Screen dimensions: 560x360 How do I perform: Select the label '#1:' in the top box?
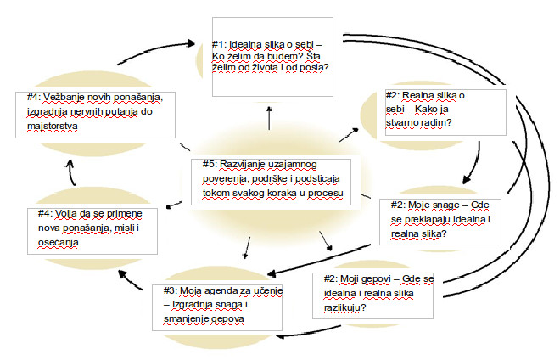(219, 44)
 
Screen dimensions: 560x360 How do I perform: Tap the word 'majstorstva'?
(52, 127)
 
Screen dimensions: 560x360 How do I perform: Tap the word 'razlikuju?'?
(345, 308)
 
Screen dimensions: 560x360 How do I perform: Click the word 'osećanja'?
(59, 242)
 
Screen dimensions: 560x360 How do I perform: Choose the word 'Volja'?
(65, 213)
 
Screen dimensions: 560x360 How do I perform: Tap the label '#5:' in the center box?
(210, 164)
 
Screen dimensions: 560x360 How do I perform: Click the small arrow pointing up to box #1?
(269, 118)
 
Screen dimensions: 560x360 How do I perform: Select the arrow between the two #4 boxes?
(70, 172)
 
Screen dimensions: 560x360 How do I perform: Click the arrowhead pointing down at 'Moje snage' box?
(467, 179)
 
